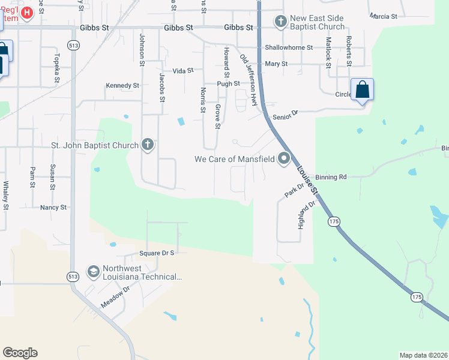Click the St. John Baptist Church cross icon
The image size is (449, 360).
148,145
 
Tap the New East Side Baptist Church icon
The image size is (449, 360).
280,22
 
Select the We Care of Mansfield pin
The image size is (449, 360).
283,159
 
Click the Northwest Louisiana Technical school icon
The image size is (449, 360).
93,272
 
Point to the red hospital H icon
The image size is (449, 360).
26,13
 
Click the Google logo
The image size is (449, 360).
20,353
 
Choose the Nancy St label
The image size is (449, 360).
53,207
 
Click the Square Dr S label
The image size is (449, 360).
156,253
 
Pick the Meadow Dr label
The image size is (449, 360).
115,297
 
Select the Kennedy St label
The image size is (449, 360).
122,86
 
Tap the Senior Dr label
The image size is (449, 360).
285,115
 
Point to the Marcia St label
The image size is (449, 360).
384,16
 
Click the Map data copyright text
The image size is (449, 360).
424,355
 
